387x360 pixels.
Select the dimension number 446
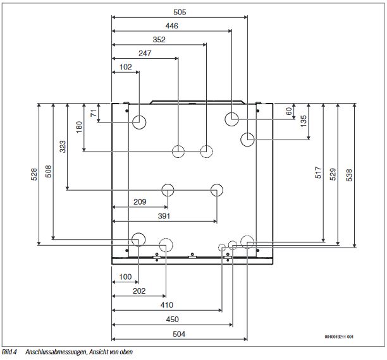click(x=171, y=26)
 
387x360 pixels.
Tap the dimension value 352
click(x=159, y=40)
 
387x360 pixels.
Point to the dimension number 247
click(x=145, y=54)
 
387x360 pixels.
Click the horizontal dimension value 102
click(x=125, y=68)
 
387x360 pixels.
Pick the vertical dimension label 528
click(x=34, y=174)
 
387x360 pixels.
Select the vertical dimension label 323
click(x=62, y=147)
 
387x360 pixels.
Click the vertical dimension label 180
click(x=79, y=127)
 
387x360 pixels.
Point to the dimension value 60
click(x=289, y=112)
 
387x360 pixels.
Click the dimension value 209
click(x=140, y=202)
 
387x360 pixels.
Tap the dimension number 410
click(x=167, y=305)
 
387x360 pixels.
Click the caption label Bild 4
click(x=9, y=352)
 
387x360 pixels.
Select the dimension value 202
click(x=139, y=291)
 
